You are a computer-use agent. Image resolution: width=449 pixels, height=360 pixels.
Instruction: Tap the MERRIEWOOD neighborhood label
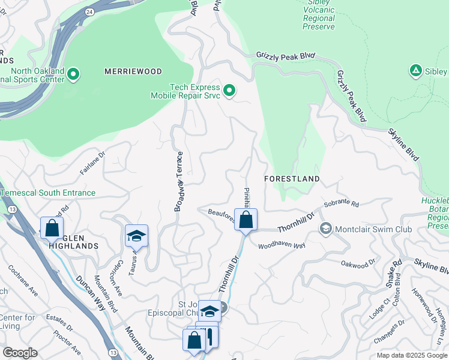pos(133,71)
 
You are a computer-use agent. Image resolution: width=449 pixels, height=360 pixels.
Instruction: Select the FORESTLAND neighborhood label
pos(292,179)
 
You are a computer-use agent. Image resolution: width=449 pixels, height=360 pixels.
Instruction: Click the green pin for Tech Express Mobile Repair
pos(229,91)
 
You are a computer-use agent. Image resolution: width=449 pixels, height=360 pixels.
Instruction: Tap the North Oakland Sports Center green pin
pos(73,75)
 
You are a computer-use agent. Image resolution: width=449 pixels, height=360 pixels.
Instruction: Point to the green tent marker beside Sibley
pos(415,71)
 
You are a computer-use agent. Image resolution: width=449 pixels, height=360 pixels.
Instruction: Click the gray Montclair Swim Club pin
pos(326,229)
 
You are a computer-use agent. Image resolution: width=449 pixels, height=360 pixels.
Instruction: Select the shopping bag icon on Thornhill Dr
pos(246,220)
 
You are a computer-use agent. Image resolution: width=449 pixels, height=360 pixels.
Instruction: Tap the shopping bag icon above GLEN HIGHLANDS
pos(52,228)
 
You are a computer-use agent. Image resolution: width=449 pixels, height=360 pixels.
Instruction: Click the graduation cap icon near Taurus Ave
pos(136,236)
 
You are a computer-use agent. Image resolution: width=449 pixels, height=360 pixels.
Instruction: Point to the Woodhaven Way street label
pos(282,246)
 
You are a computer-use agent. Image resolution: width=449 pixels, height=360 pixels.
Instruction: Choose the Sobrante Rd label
pos(340,205)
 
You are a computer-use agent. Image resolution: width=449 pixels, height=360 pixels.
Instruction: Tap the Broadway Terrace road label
pos(178,181)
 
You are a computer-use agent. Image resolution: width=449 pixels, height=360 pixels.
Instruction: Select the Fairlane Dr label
pos(92,163)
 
